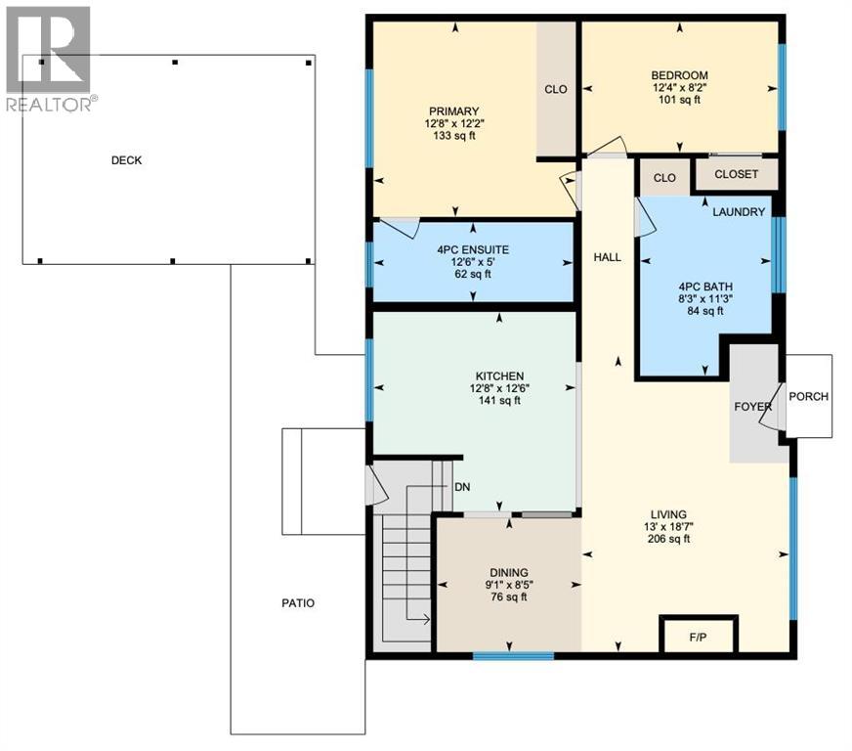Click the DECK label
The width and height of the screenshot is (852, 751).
click(126, 160)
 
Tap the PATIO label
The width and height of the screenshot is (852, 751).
click(298, 603)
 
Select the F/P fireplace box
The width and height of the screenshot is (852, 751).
click(699, 635)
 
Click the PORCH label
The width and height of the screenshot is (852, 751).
click(809, 396)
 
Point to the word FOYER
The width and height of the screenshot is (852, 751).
click(752, 407)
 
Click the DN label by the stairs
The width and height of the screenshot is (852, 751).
click(462, 487)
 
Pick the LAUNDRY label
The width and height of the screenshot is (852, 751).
click(739, 212)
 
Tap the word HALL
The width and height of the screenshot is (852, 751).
click(607, 257)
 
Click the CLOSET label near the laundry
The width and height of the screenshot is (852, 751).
click(737, 174)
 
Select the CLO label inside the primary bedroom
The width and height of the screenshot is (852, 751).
click(556, 89)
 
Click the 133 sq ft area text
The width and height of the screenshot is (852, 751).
click(454, 135)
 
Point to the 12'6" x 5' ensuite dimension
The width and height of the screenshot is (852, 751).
click(473, 262)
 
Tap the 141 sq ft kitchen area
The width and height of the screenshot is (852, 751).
click(499, 401)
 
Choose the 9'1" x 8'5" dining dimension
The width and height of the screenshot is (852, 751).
click(509, 585)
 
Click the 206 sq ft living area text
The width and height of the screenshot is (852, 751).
click(669, 539)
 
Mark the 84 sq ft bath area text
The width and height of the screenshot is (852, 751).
click(705, 311)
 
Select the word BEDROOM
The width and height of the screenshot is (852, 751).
click(679, 75)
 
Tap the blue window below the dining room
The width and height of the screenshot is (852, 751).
click(514, 656)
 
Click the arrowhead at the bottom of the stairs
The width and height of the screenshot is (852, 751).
click(428, 619)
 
